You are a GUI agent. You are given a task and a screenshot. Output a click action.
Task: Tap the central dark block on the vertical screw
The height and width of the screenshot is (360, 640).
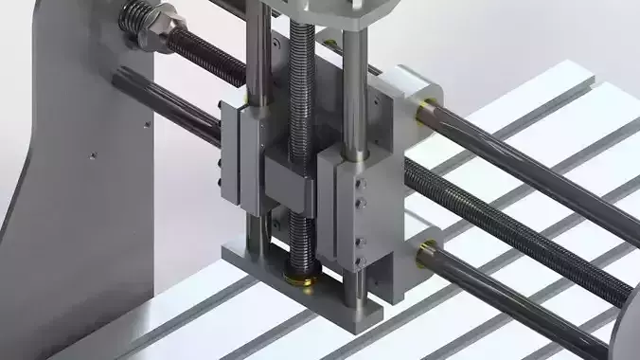point(291,184)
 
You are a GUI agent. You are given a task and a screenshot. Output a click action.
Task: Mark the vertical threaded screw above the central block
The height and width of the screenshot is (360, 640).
point(303,85)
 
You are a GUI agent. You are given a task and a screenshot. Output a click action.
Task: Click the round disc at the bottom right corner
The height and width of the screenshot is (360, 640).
point(628,332)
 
